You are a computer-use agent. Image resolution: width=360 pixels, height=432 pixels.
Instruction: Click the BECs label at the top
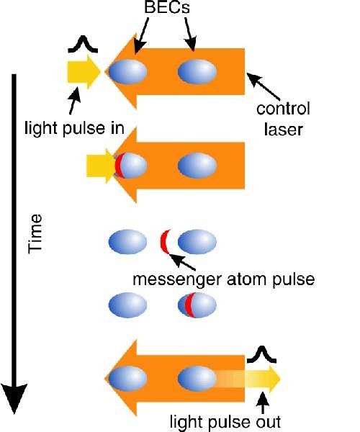pyautogui.click(x=167, y=7)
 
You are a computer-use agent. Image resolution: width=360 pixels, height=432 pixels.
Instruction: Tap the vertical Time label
pyautogui.click(x=35, y=233)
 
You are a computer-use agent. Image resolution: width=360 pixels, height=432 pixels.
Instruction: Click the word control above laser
pyautogui.click(x=283, y=109)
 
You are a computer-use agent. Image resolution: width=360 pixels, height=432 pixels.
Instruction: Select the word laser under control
pyautogui.click(x=284, y=129)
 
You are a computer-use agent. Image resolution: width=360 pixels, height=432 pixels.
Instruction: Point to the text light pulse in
pyautogui.click(x=74, y=128)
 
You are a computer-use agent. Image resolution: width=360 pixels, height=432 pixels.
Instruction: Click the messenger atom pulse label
pyautogui.click(x=224, y=279)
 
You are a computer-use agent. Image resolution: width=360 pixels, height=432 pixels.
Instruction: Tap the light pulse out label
pyautogui.click(x=225, y=422)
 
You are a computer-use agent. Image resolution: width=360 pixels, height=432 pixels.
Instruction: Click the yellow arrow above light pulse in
pyautogui.click(x=84, y=71)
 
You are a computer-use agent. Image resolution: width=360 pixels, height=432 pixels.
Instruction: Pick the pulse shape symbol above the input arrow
pyautogui.click(x=83, y=44)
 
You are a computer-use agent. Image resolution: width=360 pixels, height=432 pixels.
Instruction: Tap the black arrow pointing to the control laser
pyautogui.click(x=263, y=86)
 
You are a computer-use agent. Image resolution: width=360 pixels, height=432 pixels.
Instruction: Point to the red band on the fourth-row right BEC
pyautogui.click(x=189, y=305)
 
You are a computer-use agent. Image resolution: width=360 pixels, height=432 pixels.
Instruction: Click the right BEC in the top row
pyautogui.click(x=197, y=71)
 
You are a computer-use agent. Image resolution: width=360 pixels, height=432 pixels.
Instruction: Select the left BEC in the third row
pyautogui.click(x=127, y=242)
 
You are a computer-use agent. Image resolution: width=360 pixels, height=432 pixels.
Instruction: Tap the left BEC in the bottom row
pyautogui.click(x=127, y=379)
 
